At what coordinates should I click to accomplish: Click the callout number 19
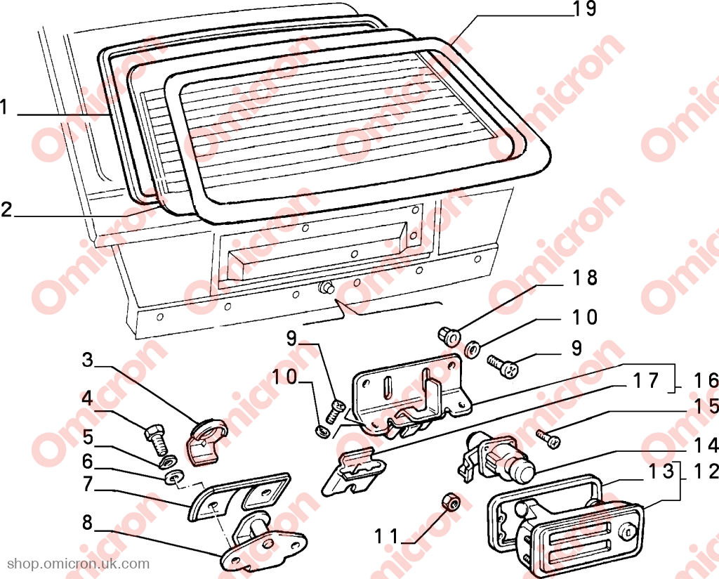(585, 8)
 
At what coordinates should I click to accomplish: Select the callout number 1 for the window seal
(5, 108)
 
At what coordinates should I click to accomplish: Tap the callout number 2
(6, 209)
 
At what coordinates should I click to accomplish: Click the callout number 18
(585, 278)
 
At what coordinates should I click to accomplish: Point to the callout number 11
(387, 535)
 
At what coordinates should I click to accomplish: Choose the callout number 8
(87, 523)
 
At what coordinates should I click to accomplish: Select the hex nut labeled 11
(450, 502)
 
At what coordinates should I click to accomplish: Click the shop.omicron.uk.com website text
(79, 564)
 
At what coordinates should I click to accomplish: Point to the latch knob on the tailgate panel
(326, 287)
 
